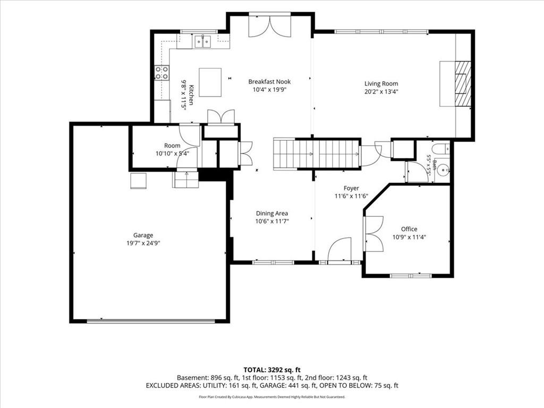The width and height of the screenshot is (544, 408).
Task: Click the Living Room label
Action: [381, 83]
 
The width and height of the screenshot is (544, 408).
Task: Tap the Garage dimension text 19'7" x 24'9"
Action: [143, 243]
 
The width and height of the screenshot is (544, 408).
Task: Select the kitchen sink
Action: [202, 41]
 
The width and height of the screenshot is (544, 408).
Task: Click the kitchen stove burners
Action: [161, 73]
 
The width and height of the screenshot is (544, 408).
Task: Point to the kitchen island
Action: [210, 82]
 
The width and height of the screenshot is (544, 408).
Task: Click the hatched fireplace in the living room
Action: [463, 83]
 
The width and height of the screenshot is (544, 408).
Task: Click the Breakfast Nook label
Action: [269, 82]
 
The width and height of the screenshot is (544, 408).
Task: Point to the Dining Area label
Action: [272, 214]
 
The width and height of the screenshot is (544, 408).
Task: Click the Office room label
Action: [409, 229]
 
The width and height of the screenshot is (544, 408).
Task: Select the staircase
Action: [317, 154]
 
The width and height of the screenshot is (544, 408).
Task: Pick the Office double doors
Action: [373, 234]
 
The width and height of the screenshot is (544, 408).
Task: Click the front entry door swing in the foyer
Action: [339, 249]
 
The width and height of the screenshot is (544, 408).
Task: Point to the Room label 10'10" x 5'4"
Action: [173, 149]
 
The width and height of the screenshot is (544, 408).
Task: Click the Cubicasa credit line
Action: [272, 397]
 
